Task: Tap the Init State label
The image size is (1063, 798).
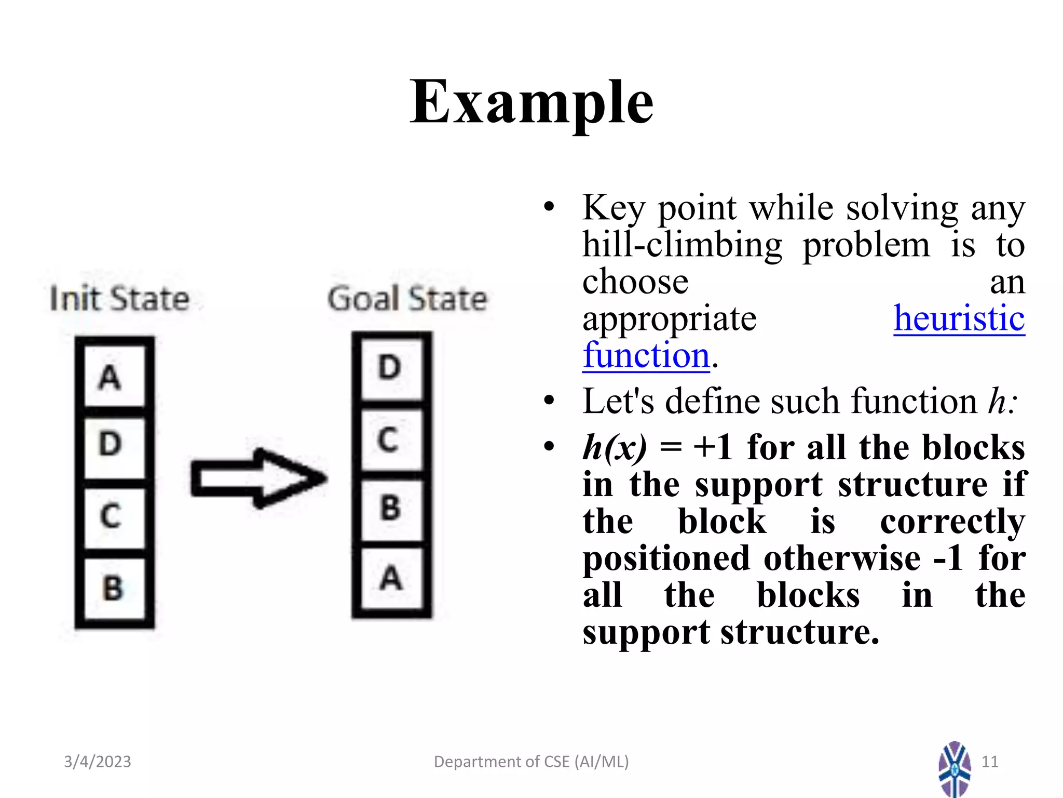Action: pyautogui.click(x=119, y=299)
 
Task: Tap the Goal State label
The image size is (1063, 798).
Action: pyautogui.click(x=407, y=299)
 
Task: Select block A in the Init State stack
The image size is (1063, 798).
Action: pyautogui.click(x=114, y=377)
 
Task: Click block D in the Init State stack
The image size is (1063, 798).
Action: pyautogui.click(x=114, y=445)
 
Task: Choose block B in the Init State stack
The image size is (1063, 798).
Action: pyautogui.click(x=114, y=588)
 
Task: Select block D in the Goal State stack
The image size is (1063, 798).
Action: pyautogui.click(x=391, y=368)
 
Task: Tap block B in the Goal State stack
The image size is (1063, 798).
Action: pyautogui.click(x=391, y=508)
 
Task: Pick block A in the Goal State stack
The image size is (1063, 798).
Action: pyautogui.click(x=391, y=578)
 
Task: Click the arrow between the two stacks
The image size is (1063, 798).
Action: pyautogui.click(x=258, y=478)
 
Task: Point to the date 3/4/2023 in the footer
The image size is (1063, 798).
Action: pyautogui.click(x=98, y=762)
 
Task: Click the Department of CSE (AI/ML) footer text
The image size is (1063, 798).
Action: pyautogui.click(x=531, y=762)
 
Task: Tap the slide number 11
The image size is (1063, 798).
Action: pyautogui.click(x=990, y=762)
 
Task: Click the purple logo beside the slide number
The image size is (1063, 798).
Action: pyautogui.click(x=954, y=769)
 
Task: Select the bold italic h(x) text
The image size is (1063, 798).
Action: pyautogui.click(x=615, y=447)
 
